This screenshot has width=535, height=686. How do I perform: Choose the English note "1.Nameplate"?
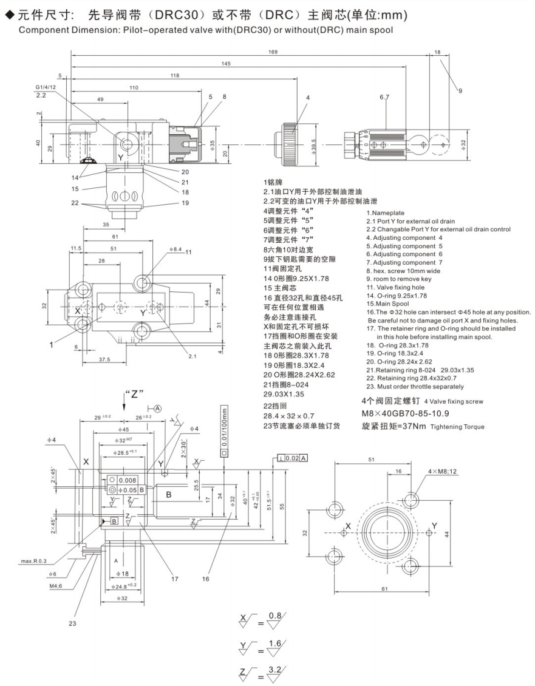[x=385, y=212]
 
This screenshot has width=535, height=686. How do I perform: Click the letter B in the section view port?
[x=169, y=494]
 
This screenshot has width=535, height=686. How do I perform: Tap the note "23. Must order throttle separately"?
[x=415, y=386]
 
